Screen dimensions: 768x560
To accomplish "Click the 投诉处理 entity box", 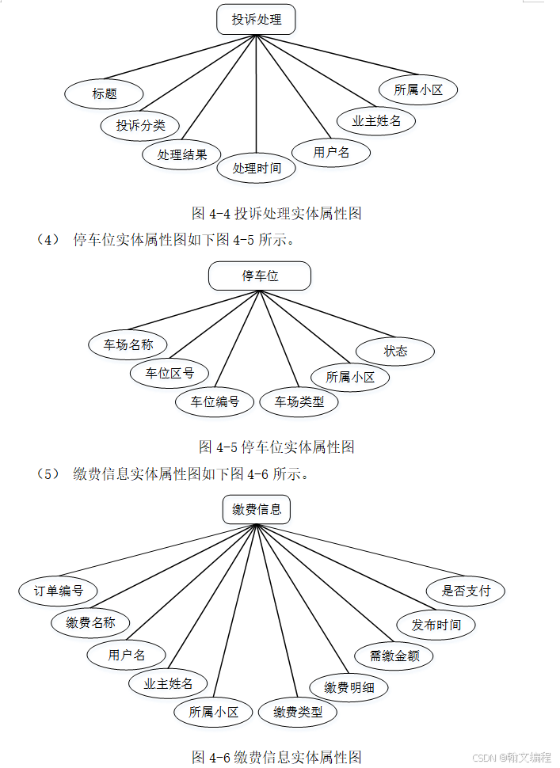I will click(x=256, y=20).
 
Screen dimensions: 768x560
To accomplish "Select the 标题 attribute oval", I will click(x=104, y=93).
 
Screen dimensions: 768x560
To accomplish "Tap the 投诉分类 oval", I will click(x=140, y=124).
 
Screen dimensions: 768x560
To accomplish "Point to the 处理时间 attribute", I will click(x=256, y=168).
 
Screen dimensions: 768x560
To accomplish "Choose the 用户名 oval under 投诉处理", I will click(x=331, y=152).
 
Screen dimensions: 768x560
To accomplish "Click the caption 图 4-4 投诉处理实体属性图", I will click(x=276, y=213).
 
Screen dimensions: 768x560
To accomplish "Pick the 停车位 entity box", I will click(x=260, y=276).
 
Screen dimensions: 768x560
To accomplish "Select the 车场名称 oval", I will click(x=128, y=344).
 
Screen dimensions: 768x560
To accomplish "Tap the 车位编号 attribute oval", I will click(x=215, y=401).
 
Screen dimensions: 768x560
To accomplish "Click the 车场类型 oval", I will click(x=299, y=401).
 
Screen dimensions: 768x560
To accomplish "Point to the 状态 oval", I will click(x=395, y=351).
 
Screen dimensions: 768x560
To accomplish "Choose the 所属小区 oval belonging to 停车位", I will click(x=350, y=377).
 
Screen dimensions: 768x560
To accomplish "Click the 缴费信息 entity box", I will click(x=256, y=509).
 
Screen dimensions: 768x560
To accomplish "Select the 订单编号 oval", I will click(x=58, y=591).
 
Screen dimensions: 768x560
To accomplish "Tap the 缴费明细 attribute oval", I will click(x=349, y=687).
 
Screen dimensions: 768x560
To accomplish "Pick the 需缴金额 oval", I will click(x=394, y=656).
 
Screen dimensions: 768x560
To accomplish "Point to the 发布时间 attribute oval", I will click(x=436, y=624).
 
